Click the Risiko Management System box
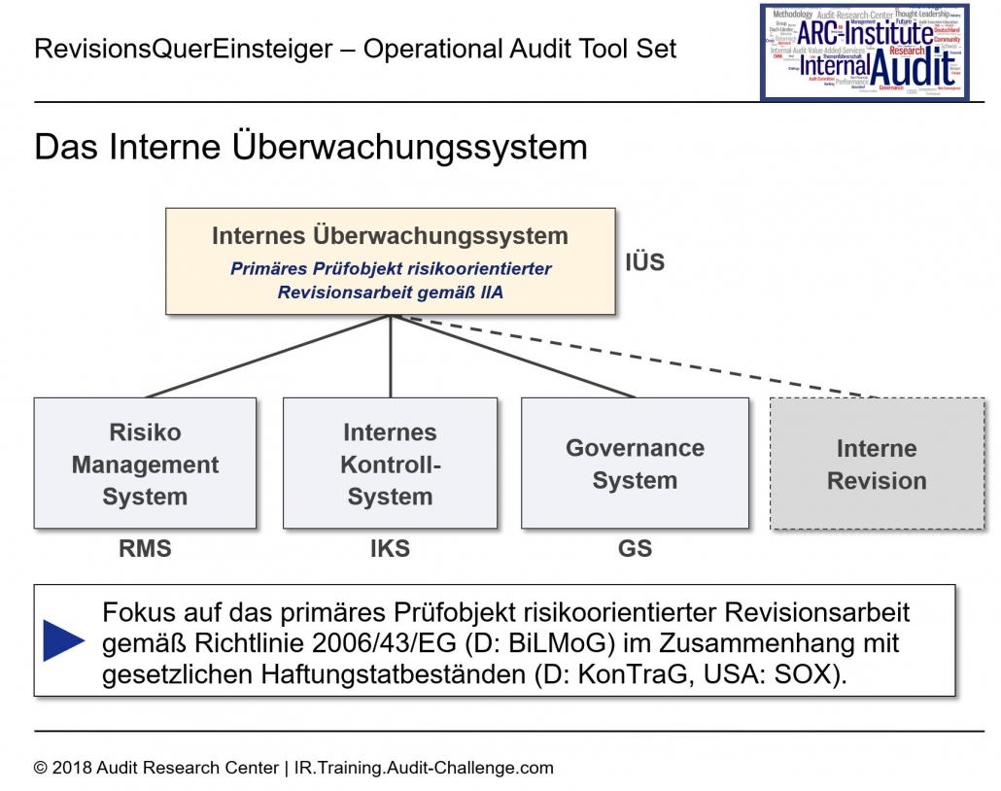click(x=145, y=464)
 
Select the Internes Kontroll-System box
click(x=390, y=464)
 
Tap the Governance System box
click(x=635, y=464)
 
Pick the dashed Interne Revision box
click(x=876, y=464)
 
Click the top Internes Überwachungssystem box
click(x=390, y=260)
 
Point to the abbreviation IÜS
click(x=644, y=261)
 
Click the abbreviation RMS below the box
click(x=145, y=549)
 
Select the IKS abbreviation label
click(x=390, y=549)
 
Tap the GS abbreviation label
click(x=635, y=549)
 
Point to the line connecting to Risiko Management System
click(x=267, y=357)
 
